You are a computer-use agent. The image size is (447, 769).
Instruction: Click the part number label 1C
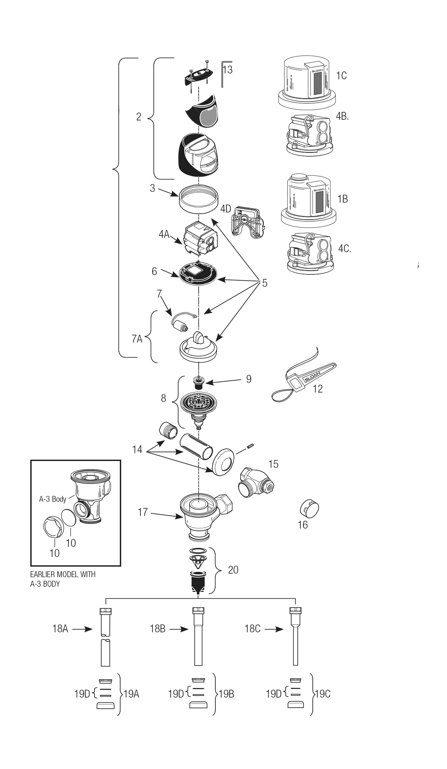[341, 76]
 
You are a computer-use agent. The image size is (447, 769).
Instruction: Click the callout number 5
[265, 283]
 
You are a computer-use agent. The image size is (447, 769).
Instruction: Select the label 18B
[157, 628]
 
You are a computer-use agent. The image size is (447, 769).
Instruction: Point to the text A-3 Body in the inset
[52, 499]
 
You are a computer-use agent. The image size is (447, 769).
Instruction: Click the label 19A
[131, 694]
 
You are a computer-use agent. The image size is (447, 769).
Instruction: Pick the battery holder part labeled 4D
[248, 221]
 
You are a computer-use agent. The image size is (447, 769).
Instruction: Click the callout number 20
[233, 570]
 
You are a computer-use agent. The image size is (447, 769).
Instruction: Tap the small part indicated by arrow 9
[198, 382]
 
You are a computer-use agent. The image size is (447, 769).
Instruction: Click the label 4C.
[344, 249]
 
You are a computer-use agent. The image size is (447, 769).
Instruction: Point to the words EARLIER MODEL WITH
[63, 574]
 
